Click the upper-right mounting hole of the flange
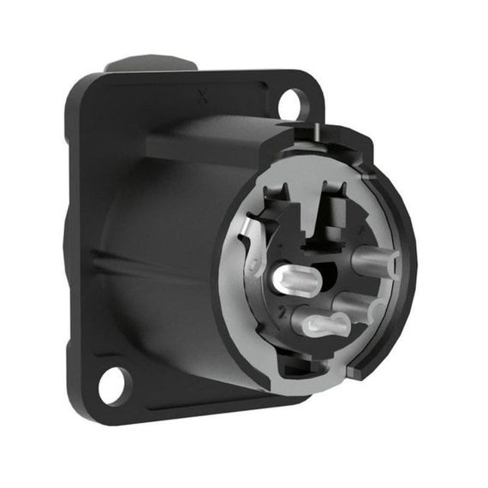pos(290,104)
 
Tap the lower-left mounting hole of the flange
pos(112,385)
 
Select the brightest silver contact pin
pos(295,278)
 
